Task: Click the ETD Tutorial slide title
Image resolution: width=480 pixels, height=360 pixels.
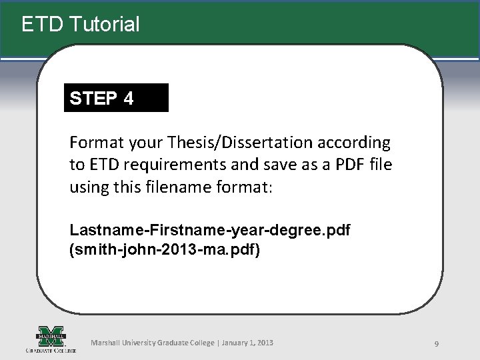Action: coord(80,25)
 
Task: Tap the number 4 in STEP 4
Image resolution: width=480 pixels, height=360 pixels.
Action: coord(128,99)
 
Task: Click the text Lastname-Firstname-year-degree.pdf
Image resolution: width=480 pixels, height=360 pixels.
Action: coord(210,230)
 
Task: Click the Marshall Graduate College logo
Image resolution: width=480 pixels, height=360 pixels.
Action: coord(51,339)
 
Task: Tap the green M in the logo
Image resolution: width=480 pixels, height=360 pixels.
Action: coord(51,334)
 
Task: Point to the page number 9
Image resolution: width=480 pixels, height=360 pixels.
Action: coord(436,343)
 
